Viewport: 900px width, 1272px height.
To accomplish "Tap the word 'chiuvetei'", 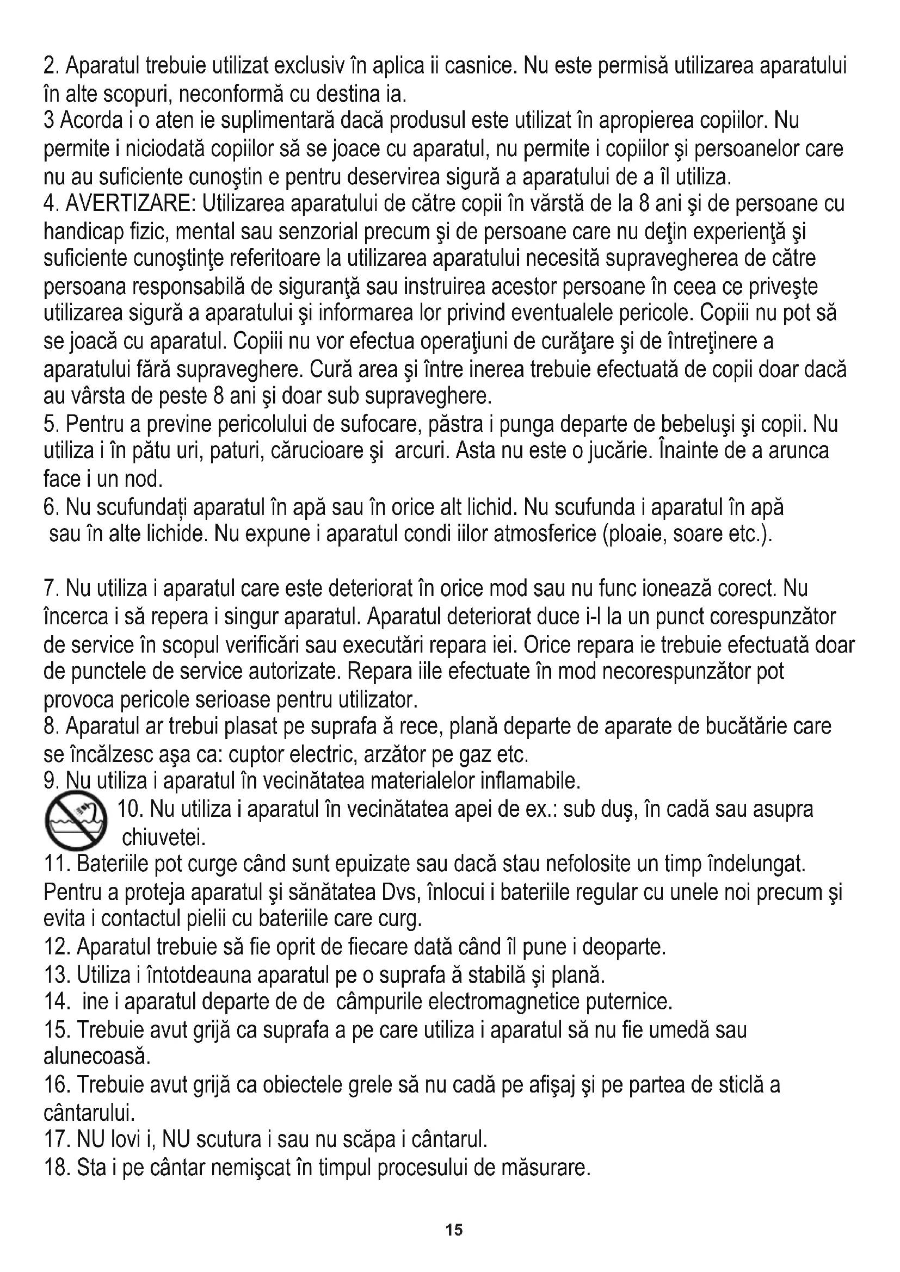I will tap(164, 839).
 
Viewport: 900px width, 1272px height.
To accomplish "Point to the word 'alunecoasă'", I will tap(97, 1057).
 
